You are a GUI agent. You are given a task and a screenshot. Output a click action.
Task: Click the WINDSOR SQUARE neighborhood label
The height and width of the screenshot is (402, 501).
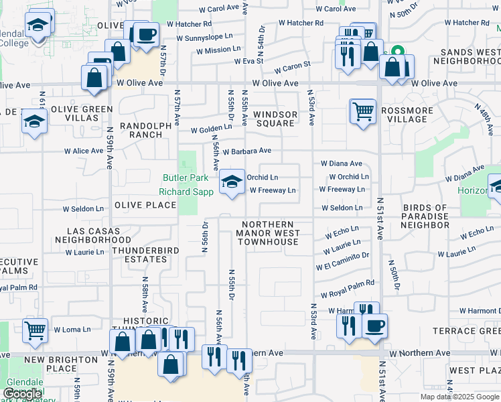(x=275, y=119)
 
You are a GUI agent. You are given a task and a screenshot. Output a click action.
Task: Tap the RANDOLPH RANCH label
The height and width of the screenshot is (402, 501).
(x=141, y=130)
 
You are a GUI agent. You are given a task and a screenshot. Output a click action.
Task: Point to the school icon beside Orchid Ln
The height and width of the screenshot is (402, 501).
(x=232, y=182)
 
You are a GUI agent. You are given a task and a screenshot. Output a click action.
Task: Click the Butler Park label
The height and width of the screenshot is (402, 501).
(x=186, y=178)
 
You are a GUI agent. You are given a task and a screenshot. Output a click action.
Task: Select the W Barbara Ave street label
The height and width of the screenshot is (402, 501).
(x=246, y=151)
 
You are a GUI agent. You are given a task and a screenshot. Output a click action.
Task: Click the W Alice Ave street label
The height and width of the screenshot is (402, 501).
(x=84, y=151)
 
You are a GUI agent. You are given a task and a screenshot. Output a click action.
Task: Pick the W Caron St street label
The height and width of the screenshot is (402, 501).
(x=293, y=66)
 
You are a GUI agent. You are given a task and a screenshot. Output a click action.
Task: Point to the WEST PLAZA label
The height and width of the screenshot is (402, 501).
(x=474, y=371)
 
